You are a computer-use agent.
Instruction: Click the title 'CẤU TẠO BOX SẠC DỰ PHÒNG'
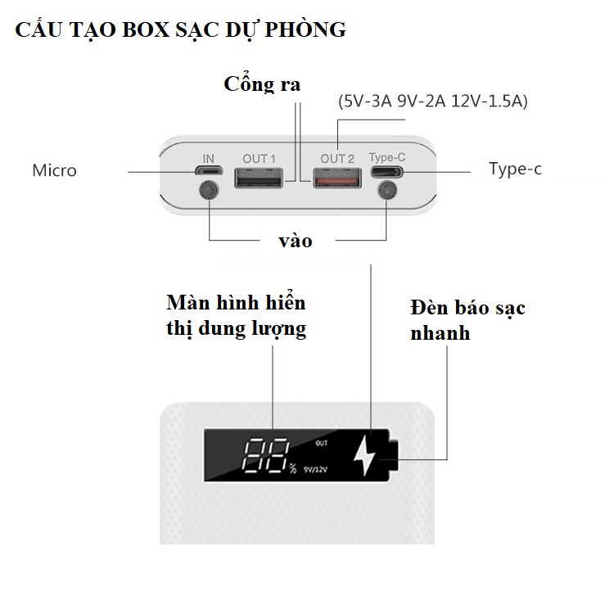[x=180, y=30]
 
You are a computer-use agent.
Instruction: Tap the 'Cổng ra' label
[x=263, y=84]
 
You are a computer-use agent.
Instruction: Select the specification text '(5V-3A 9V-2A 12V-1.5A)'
[x=433, y=102]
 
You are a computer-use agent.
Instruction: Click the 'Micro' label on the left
[x=54, y=171]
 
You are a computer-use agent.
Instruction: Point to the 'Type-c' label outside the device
[x=515, y=169]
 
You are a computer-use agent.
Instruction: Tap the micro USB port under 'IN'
[x=209, y=171]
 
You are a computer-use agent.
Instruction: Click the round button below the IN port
[x=210, y=193]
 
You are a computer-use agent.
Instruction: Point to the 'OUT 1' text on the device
[x=259, y=157]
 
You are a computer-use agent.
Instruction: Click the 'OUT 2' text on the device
[x=337, y=157]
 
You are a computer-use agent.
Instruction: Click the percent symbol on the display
[x=292, y=469]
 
